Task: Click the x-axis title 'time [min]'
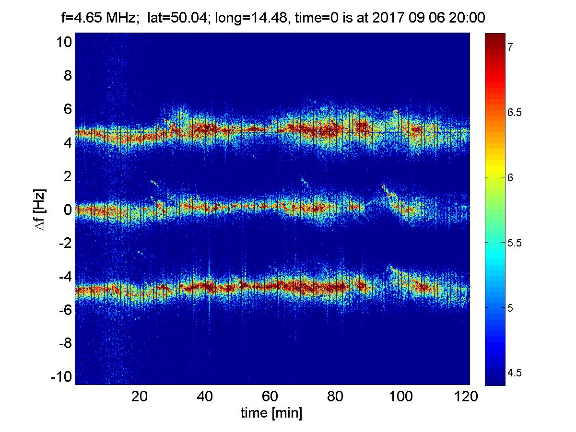271,413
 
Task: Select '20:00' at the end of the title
470,19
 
